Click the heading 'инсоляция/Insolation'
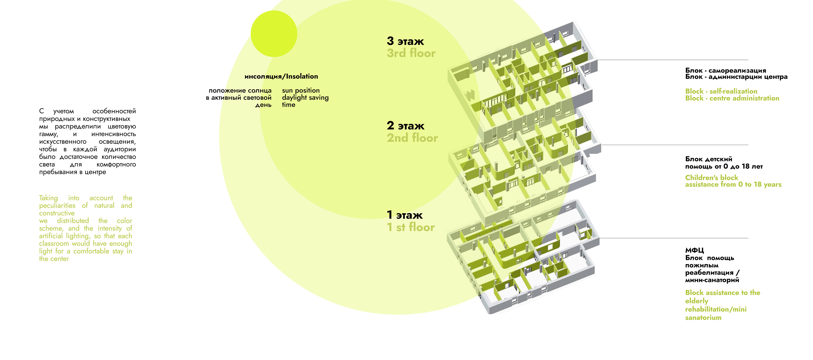click(281, 76)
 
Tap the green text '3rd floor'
click(411, 53)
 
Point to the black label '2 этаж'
click(406, 126)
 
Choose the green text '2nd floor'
click(412, 138)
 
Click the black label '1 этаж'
click(405, 215)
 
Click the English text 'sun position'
click(301, 91)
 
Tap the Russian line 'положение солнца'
click(240, 91)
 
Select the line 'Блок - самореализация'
click(725, 71)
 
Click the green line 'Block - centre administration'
click(732, 98)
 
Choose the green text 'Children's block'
click(711, 177)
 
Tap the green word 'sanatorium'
click(703, 318)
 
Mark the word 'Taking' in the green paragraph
click(48, 198)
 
